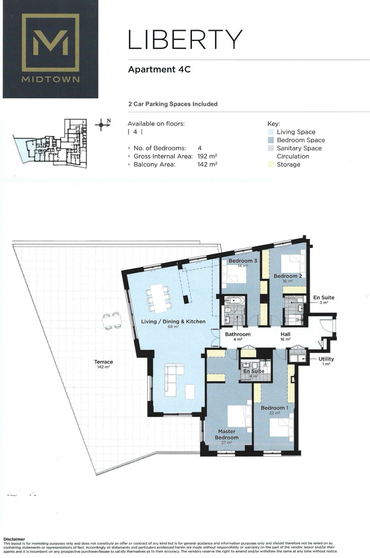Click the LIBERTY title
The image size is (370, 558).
click(x=185, y=40)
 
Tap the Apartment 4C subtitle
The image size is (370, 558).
click(x=159, y=69)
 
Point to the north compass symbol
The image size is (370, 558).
click(x=102, y=124)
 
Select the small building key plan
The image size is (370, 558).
click(x=50, y=143)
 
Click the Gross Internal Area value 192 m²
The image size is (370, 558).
click(x=207, y=156)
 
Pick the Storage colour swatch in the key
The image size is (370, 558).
click(x=271, y=164)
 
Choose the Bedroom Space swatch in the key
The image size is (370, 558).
click(x=271, y=140)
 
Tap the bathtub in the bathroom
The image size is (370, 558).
click(x=235, y=301)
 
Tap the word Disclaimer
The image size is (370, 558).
click(x=14, y=539)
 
